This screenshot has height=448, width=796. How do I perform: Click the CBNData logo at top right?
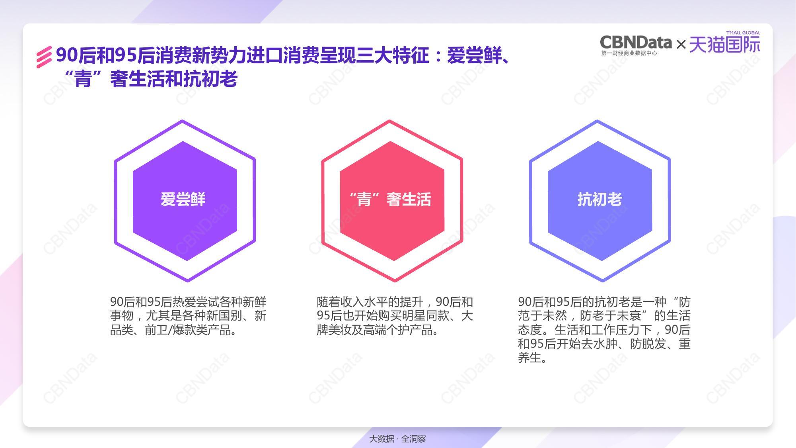click(636, 42)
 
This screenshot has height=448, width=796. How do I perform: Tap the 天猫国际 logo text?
click(724, 45)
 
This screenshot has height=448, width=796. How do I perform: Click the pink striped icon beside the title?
click(44, 57)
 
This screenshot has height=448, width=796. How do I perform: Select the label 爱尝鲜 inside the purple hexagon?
click(183, 199)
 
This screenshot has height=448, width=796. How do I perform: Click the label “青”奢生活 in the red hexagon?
click(390, 199)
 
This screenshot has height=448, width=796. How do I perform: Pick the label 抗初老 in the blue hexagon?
click(599, 199)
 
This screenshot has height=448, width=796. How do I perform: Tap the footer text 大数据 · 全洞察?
click(397, 439)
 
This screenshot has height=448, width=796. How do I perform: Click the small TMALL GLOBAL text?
click(743, 33)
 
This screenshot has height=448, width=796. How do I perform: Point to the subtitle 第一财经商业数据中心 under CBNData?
click(629, 53)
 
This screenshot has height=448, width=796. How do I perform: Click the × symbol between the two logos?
click(681, 44)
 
